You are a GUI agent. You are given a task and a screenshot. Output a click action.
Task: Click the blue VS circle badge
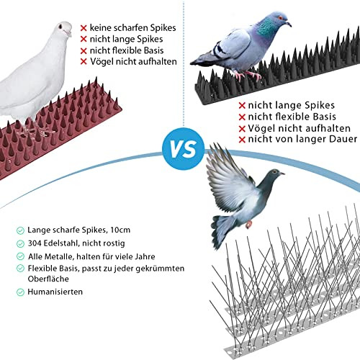pos(184,149)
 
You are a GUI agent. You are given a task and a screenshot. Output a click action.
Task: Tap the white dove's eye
pos(60,26)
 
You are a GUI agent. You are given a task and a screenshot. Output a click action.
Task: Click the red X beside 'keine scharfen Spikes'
pos(84,28)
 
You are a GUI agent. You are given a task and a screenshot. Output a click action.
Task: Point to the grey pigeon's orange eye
pos(279,18)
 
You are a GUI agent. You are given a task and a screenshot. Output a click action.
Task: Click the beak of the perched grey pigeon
pos(289,24)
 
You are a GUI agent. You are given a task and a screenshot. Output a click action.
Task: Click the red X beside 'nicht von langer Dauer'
pos(242,140)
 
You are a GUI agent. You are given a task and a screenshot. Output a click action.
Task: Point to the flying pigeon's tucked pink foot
pos(248,224)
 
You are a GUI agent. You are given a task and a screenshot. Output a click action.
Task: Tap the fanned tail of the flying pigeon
pos(222,231)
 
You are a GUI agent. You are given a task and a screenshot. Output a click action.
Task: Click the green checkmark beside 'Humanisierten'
pos(20,292)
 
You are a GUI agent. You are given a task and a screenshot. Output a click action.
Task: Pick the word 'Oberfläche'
pos(48,279)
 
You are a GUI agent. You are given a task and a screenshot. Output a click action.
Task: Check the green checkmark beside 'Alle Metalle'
pos(20,256)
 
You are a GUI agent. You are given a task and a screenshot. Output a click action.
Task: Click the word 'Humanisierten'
pos(55,292)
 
